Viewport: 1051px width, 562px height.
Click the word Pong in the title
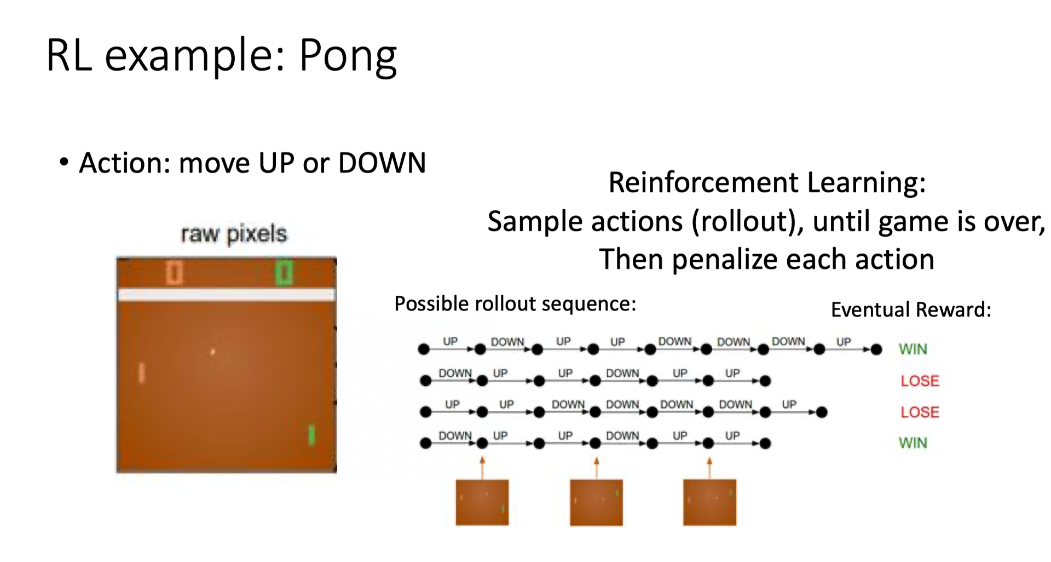pos(348,56)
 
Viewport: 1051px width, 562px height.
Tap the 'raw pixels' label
pos(234,234)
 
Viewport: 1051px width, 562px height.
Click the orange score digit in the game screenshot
pos(174,272)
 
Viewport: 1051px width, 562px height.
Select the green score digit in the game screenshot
pos(284,272)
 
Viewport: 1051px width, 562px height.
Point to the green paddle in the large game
pos(311,435)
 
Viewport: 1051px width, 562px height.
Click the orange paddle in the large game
pos(142,373)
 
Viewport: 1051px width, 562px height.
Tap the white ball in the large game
pos(212,352)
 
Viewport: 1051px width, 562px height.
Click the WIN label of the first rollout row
pos(913,349)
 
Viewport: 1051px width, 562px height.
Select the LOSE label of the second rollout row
pos(920,381)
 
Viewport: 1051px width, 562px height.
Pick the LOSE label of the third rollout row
pos(920,412)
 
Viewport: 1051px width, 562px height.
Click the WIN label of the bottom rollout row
pos(913,443)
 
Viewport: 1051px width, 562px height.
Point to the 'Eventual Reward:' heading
pos(911,309)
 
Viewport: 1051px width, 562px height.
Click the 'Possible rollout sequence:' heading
pos(515,303)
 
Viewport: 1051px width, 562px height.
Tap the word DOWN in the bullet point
pos(382,163)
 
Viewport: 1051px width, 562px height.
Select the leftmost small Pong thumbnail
pos(482,502)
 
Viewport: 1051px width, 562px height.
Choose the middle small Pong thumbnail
pos(596,502)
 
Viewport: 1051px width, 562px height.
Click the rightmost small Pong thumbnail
pos(709,502)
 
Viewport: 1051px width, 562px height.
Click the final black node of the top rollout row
pos(876,349)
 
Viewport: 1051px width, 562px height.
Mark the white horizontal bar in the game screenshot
pos(226,295)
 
